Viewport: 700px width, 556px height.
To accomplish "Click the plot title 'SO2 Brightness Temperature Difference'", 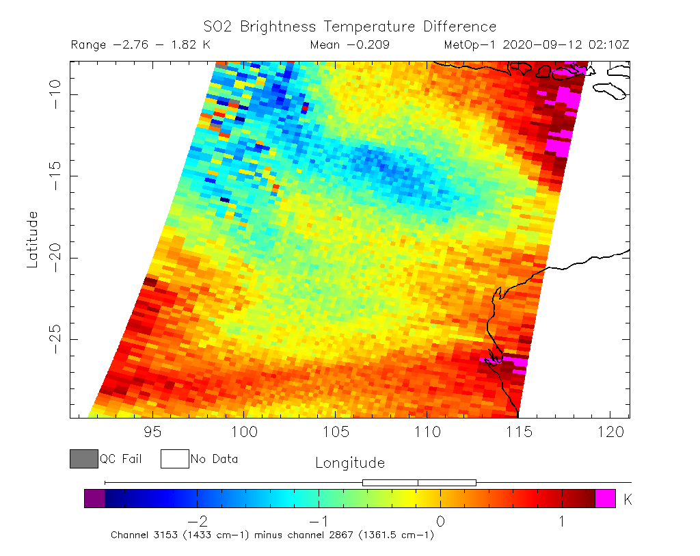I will tap(349, 27).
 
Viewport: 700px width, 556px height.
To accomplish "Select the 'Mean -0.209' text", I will tap(349, 45).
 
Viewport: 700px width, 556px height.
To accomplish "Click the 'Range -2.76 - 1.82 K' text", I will tap(141, 45).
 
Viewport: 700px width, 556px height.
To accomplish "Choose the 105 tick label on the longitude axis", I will tap(335, 432).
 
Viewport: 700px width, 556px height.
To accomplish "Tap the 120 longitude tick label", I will tap(609, 432).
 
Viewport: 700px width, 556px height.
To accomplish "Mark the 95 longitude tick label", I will tap(152, 432).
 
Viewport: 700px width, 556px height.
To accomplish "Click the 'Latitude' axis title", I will tap(32, 239).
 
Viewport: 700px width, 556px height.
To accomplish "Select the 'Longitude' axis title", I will tap(349, 463).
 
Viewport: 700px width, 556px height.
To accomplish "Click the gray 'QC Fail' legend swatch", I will tap(83, 459).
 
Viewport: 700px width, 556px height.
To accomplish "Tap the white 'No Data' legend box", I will tap(174, 459).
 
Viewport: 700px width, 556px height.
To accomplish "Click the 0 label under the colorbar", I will tap(440, 521).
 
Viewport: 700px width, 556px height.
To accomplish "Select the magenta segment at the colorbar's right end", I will tap(605, 498).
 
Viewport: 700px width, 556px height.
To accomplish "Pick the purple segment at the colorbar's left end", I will tap(94, 498).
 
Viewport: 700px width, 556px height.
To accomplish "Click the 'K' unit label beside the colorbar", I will tap(628, 500).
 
